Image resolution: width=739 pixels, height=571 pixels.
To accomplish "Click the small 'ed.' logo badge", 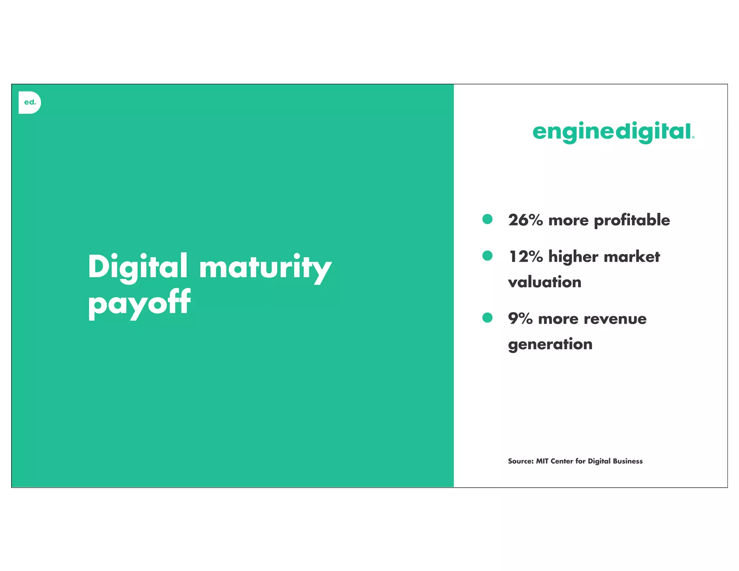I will (x=30, y=103).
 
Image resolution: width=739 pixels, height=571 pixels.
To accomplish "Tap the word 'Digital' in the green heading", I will (x=137, y=267).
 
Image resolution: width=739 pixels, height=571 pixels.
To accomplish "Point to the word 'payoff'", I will (x=139, y=304).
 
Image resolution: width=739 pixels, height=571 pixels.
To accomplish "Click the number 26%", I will (x=525, y=220).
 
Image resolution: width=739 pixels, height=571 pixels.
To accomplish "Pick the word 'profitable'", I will (x=632, y=220).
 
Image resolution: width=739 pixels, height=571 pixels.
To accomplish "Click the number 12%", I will (x=525, y=257).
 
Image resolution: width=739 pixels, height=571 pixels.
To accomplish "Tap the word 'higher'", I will (x=573, y=257).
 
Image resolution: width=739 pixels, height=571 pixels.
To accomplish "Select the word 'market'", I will (x=632, y=257).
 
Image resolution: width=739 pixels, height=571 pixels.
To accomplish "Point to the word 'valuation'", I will (x=545, y=282).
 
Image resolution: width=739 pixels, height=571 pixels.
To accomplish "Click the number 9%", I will (x=520, y=319).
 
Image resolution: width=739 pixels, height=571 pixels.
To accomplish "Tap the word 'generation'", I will (x=550, y=344).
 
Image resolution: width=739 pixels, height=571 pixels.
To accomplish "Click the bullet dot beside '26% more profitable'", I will (x=487, y=219).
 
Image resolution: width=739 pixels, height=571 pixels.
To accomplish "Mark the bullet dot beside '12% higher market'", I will (x=487, y=256).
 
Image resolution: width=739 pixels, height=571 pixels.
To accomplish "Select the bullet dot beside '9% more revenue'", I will (x=487, y=318).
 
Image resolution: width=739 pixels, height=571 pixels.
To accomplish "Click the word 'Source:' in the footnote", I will (x=520, y=461).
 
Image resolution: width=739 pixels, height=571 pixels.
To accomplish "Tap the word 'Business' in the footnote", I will (x=628, y=461).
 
